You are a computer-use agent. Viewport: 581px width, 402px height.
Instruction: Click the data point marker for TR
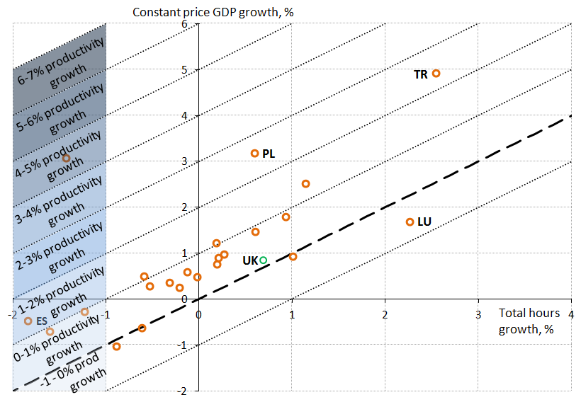(x=436, y=74)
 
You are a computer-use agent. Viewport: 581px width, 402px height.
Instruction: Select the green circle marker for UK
(x=264, y=260)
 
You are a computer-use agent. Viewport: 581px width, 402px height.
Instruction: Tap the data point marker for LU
(x=410, y=222)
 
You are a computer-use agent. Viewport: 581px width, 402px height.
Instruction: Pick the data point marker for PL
(x=255, y=154)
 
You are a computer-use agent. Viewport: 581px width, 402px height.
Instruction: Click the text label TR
(x=421, y=74)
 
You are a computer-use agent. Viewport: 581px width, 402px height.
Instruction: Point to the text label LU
(x=424, y=222)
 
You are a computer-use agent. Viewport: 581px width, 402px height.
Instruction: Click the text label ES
(x=41, y=321)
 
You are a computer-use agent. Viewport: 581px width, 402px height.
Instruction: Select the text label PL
(x=269, y=154)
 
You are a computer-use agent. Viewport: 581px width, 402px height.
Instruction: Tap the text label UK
(x=250, y=260)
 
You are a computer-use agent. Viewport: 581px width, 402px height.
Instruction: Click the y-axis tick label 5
(x=184, y=69)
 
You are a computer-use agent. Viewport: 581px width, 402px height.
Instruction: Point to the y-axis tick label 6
(x=184, y=24)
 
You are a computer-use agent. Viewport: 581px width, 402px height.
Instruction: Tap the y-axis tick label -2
(x=182, y=391)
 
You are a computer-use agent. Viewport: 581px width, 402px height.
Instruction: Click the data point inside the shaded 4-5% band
(x=66, y=159)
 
